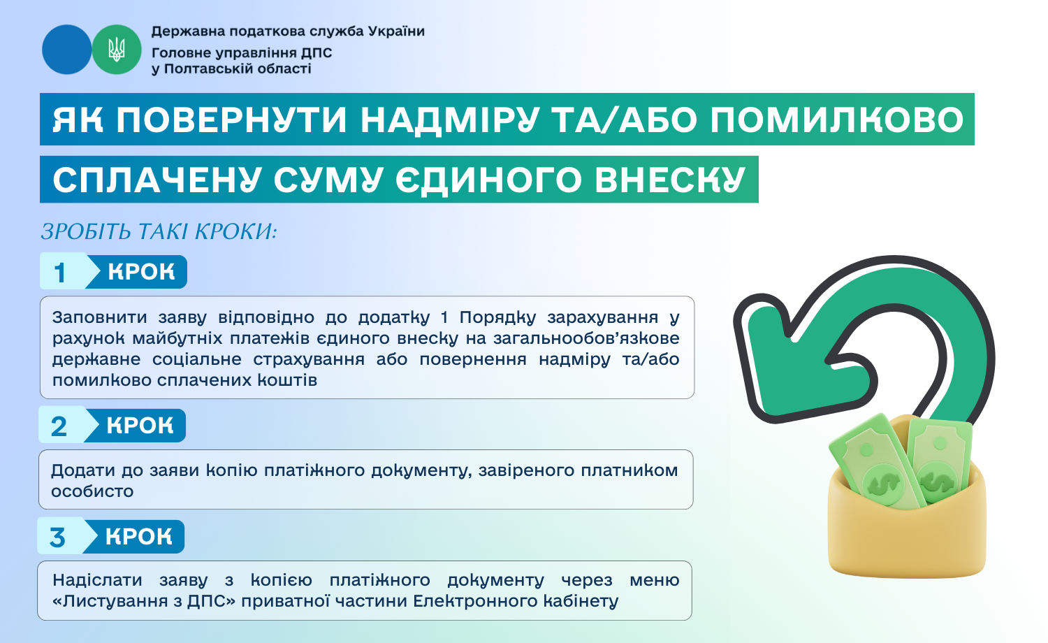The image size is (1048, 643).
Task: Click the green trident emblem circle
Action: click(117, 50)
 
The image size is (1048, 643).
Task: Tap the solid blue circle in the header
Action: click(66, 50)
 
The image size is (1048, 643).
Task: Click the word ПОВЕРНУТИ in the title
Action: click(231, 120)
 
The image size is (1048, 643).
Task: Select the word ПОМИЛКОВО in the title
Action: click(837, 120)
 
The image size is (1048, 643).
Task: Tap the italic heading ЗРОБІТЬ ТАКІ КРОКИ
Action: click(159, 231)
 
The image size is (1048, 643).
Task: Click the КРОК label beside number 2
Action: click(140, 426)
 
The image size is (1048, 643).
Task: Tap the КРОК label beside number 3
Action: click(138, 537)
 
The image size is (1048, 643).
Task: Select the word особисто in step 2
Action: click(92, 491)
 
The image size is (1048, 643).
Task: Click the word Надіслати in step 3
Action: click(97, 580)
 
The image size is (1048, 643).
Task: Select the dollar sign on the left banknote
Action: click(882, 485)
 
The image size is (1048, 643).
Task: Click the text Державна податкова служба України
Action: click(288, 31)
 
